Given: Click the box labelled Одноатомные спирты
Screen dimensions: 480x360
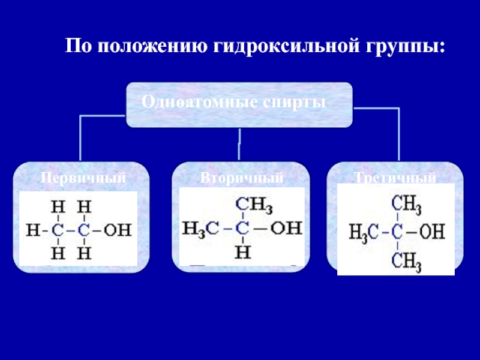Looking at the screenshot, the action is [239, 104].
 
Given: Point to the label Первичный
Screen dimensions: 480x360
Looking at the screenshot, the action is [83, 178].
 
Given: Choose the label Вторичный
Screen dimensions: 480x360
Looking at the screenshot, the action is [242, 178].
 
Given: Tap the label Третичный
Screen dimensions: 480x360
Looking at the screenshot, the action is [394, 178].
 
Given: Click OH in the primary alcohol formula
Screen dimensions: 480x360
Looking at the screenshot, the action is [117, 229].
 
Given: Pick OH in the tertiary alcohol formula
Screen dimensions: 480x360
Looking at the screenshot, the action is [432, 232].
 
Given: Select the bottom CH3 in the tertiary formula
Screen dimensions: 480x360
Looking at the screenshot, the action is [407, 260].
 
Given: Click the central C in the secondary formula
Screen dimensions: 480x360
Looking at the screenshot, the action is [242, 229].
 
